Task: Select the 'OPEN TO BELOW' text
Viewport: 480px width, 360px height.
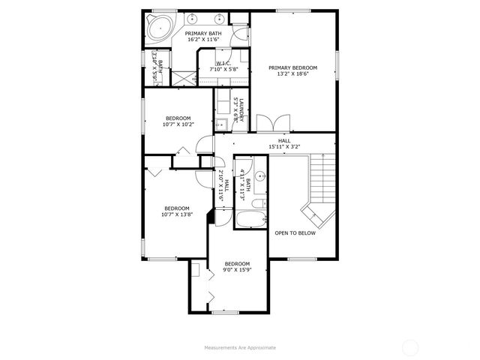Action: [295, 232]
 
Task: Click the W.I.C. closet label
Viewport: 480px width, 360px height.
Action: [223, 64]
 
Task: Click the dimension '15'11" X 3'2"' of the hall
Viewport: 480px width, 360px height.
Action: [284, 147]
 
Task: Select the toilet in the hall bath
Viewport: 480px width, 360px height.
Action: [256, 204]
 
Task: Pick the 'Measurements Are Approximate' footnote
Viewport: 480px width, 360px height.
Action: [240, 347]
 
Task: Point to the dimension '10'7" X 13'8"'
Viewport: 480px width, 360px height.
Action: [177, 215]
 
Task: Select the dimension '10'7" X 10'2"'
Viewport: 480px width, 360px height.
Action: [178, 124]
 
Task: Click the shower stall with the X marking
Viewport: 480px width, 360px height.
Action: [183, 77]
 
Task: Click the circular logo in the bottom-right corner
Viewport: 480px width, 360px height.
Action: [410, 347]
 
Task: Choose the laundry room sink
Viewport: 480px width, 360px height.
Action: [223, 123]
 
